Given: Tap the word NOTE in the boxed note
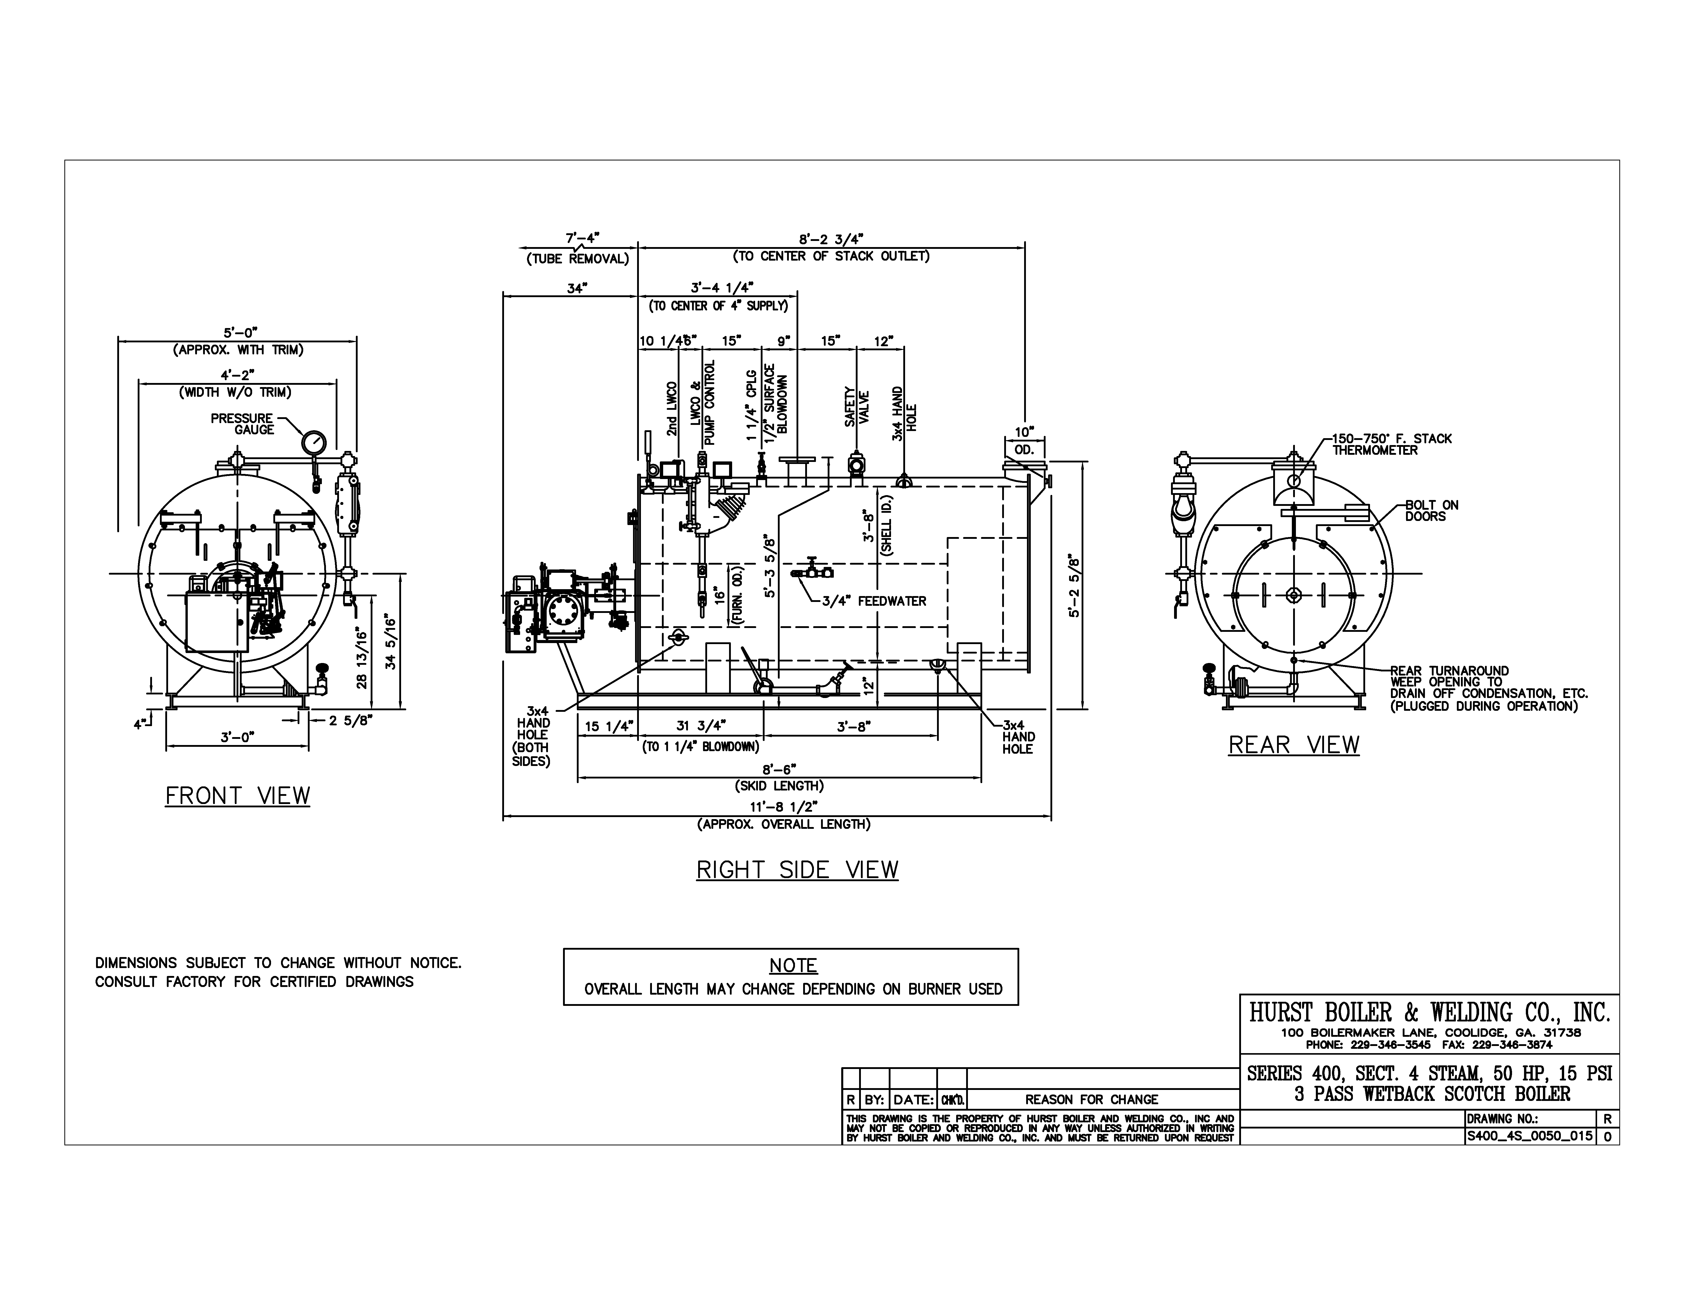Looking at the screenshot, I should [x=793, y=966].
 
